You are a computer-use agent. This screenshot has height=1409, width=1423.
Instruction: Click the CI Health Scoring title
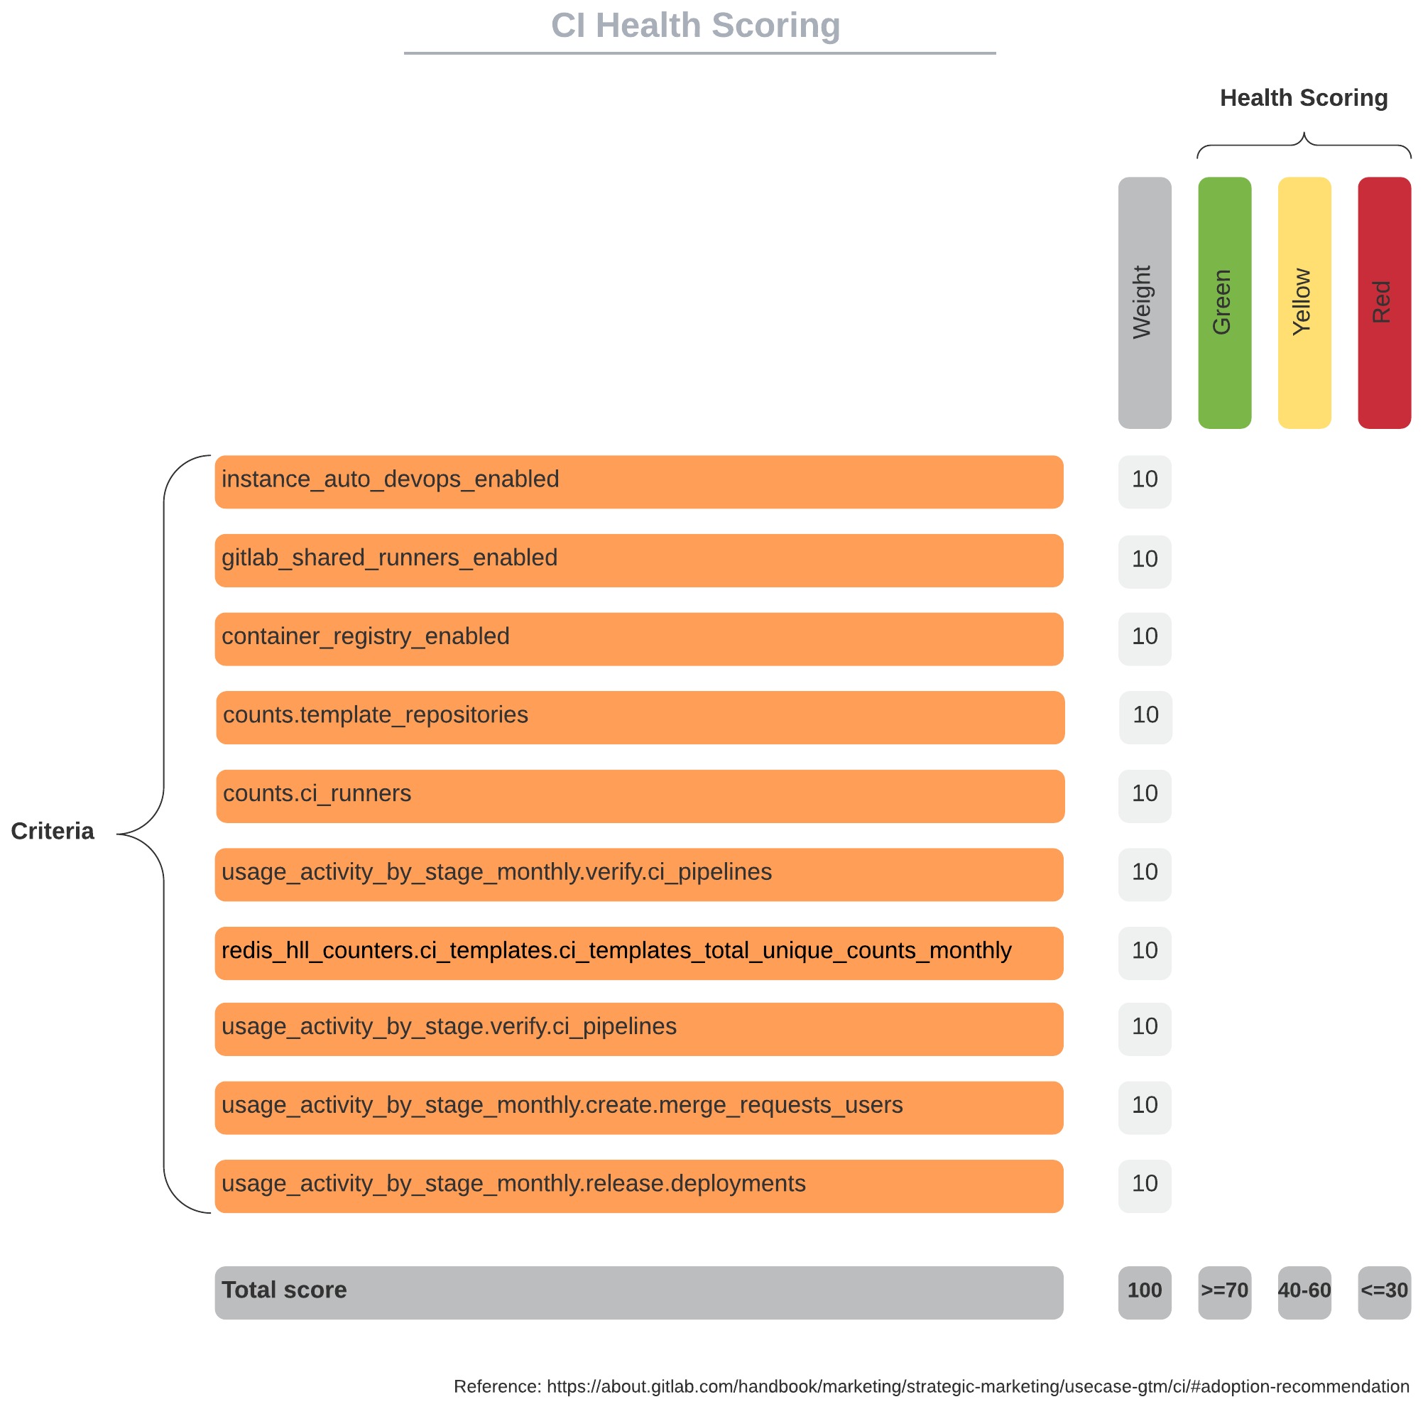[x=695, y=26]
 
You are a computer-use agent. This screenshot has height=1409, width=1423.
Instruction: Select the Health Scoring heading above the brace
[x=1303, y=98]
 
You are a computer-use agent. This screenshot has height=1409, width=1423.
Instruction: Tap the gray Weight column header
[x=1144, y=302]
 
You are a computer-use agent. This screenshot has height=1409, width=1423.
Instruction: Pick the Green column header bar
[x=1224, y=302]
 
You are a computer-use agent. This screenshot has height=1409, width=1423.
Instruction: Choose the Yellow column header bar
[x=1304, y=302]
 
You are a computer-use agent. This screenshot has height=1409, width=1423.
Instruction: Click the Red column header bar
[x=1383, y=302]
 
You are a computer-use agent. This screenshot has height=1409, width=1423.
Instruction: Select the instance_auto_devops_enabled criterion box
[x=638, y=482]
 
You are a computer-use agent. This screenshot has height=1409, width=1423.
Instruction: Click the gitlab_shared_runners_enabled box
[x=638, y=560]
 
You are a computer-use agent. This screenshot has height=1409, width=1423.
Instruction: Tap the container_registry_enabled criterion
[x=638, y=638]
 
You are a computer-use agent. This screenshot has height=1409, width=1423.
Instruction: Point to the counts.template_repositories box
[x=640, y=717]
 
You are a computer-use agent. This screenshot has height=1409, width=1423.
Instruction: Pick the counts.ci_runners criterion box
[x=640, y=796]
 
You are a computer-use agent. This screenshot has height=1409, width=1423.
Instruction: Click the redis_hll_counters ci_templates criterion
[x=638, y=953]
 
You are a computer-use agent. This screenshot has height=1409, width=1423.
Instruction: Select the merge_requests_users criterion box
[x=638, y=1108]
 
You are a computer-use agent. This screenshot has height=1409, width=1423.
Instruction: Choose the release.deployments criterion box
[x=638, y=1186]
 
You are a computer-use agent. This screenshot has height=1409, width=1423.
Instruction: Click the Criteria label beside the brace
[x=53, y=832]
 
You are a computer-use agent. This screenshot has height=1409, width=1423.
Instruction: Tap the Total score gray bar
[x=638, y=1293]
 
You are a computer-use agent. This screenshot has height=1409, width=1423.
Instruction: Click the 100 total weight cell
[x=1144, y=1293]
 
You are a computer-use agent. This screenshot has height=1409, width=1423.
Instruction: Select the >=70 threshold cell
[x=1224, y=1293]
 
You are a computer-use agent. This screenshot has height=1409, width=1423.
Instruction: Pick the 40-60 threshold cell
[x=1304, y=1293]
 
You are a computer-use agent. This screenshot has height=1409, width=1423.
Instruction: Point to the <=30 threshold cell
[x=1383, y=1293]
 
